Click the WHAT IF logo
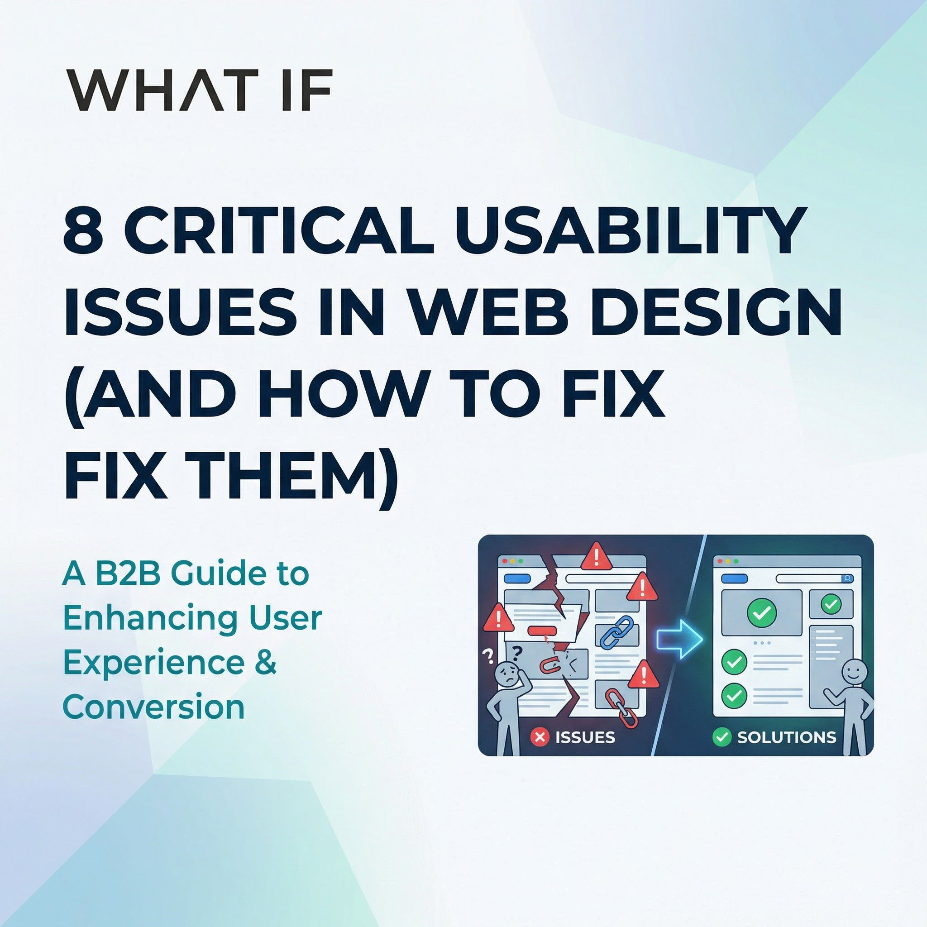(199, 91)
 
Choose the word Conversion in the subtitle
(153, 707)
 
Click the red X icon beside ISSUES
(540, 736)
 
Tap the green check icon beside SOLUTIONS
(721, 736)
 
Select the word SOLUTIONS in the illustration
(786, 737)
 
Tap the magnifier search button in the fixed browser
(848, 578)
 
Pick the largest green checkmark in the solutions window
(761, 612)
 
